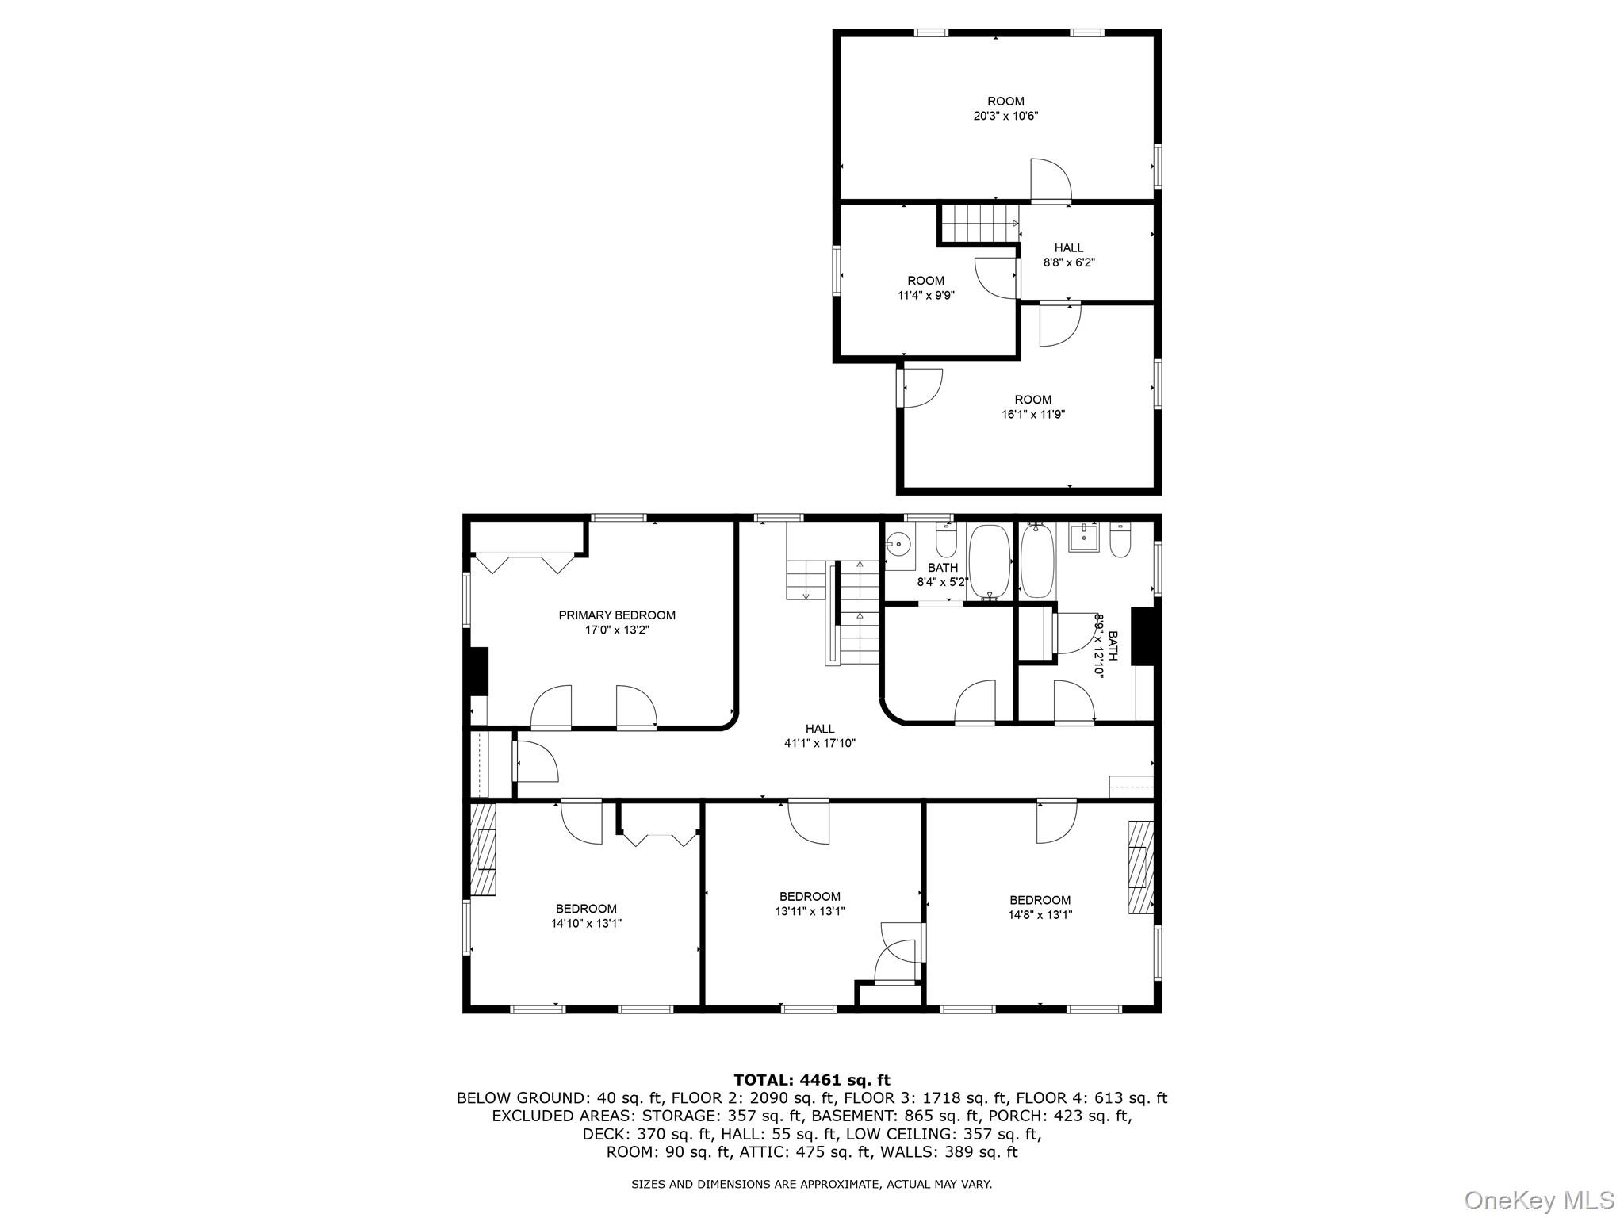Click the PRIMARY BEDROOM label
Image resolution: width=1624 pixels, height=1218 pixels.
tap(616, 615)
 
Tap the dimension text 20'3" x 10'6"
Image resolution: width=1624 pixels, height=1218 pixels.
tap(1005, 116)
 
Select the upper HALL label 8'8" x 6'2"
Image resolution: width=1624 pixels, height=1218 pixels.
tap(1068, 255)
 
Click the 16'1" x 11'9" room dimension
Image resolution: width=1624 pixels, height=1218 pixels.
tap(1032, 414)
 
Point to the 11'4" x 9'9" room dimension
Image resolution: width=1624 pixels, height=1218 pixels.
tap(925, 295)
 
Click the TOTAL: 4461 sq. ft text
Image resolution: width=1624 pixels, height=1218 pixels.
tap(811, 1080)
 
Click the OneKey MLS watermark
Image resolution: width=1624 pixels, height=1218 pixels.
tap(1538, 1200)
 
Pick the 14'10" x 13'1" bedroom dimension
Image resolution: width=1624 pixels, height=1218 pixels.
tap(586, 923)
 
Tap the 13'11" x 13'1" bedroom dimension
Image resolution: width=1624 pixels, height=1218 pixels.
tap(810, 911)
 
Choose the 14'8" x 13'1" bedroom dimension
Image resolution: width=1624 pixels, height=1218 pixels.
tap(1040, 914)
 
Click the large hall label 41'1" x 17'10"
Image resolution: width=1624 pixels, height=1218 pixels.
tap(819, 743)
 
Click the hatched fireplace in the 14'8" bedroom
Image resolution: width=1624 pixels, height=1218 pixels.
tap(1140, 868)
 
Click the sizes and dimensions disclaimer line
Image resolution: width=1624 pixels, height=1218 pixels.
tap(811, 1184)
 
